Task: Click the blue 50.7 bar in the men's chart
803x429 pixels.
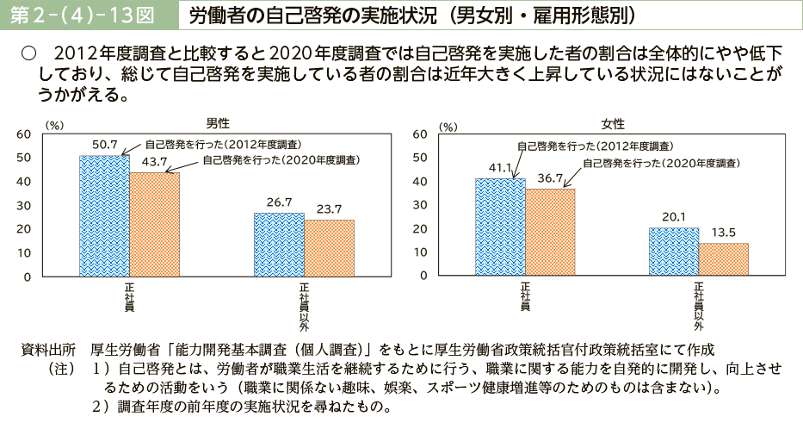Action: [x=104, y=216]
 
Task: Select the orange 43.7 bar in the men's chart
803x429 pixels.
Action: [x=155, y=225]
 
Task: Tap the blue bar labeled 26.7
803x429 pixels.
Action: [x=278, y=245]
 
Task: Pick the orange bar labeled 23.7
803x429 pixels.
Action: [x=329, y=248]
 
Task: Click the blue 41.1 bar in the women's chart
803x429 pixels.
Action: [x=500, y=227]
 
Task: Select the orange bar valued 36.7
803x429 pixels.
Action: [x=550, y=233]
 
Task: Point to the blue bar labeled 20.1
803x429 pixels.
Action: [x=674, y=252]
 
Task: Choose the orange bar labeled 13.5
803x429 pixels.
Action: [x=724, y=260]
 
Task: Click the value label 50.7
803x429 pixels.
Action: [x=104, y=145]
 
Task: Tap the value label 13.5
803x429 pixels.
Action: [x=725, y=233]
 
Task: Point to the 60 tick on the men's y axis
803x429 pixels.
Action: [x=23, y=134]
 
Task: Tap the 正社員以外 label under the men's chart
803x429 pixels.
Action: [x=304, y=306]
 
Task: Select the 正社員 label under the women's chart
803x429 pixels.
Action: [x=525, y=295]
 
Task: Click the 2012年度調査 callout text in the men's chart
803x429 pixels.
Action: [x=222, y=144]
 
